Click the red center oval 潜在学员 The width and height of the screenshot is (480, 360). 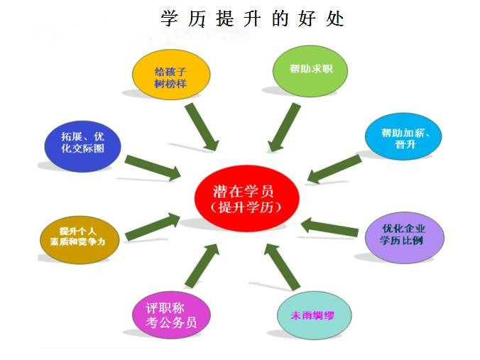pyautogui.click(x=246, y=198)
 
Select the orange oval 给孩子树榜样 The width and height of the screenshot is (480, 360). pyautogui.click(x=171, y=75)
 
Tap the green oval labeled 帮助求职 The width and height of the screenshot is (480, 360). pyautogui.click(x=310, y=71)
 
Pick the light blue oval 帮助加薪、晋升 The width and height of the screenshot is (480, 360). pyautogui.click(x=403, y=136)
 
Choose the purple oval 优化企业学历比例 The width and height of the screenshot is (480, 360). pyautogui.click(x=405, y=238)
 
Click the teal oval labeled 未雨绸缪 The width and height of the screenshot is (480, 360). pyautogui.click(x=315, y=315)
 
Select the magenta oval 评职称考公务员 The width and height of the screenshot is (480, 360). pyautogui.click(x=171, y=315)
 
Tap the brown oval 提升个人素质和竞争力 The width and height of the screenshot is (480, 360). pyautogui.click(x=80, y=239)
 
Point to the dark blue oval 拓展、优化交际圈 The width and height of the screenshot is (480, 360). pyautogui.click(x=82, y=146)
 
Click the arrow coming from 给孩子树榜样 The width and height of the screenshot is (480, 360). pyautogui.click(x=202, y=126)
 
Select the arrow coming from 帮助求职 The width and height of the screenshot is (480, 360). pyautogui.click(x=284, y=127)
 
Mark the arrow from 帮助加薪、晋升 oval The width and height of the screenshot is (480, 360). pyautogui.click(x=334, y=169)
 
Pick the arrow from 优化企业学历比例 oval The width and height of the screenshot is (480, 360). pyautogui.click(x=329, y=227)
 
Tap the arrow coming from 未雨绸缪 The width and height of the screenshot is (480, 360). pyautogui.click(x=282, y=267)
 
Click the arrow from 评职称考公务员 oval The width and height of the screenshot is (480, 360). pyautogui.click(x=202, y=266)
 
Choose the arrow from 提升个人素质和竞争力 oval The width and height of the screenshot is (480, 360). pyautogui.click(x=153, y=227)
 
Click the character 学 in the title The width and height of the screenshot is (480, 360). pyautogui.click(x=169, y=18)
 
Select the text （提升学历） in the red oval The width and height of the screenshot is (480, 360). pyautogui.click(x=246, y=207)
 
